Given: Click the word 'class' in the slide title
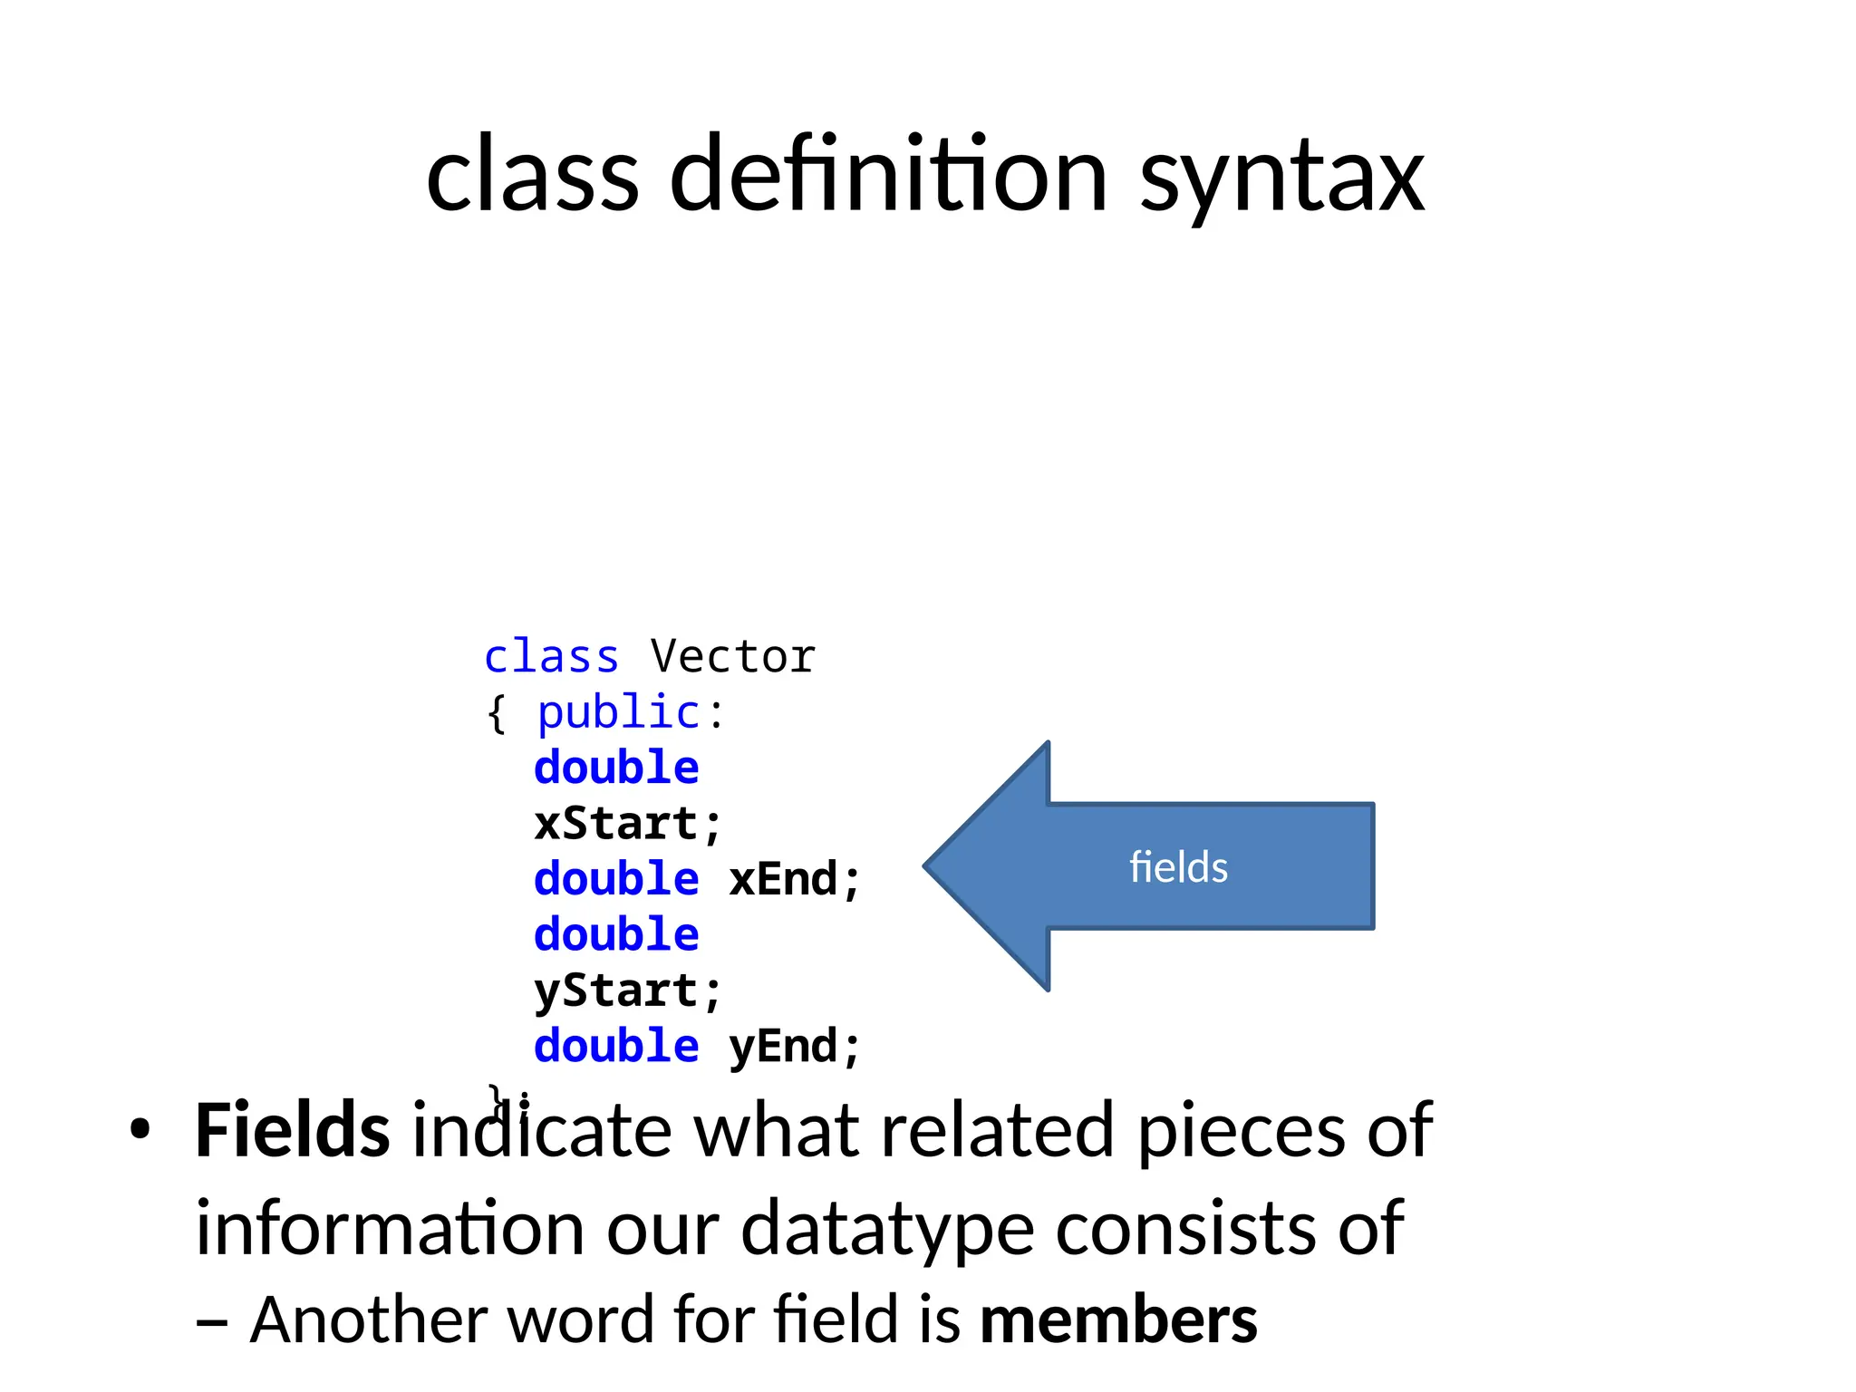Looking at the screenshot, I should tap(532, 175).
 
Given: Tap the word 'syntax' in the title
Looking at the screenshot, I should tap(1281, 179).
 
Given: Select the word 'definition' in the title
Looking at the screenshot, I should tap(888, 175).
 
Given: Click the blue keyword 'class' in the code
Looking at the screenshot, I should tap(551, 657).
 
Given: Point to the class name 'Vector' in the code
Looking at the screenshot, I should tap(732, 657).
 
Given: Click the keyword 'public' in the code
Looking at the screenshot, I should tap(618, 713).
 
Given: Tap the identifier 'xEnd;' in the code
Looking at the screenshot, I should tap(794, 880).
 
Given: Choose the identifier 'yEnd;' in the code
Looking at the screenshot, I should tap(794, 1048).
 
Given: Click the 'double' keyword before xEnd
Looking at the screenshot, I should tap(616, 880).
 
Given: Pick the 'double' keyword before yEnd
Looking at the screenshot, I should tap(616, 1048).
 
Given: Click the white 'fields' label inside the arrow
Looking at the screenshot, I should tap(1178, 867).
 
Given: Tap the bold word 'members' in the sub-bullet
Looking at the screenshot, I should tap(1118, 1320).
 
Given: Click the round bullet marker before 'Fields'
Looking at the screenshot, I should tap(139, 1132).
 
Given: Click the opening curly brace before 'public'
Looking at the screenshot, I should tap(496, 715).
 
